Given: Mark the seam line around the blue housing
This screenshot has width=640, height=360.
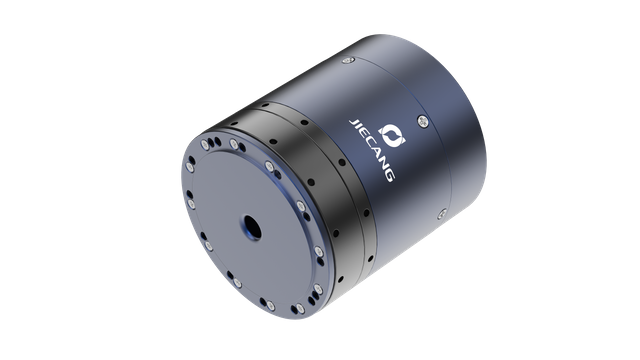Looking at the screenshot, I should pyautogui.click(x=441, y=150).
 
